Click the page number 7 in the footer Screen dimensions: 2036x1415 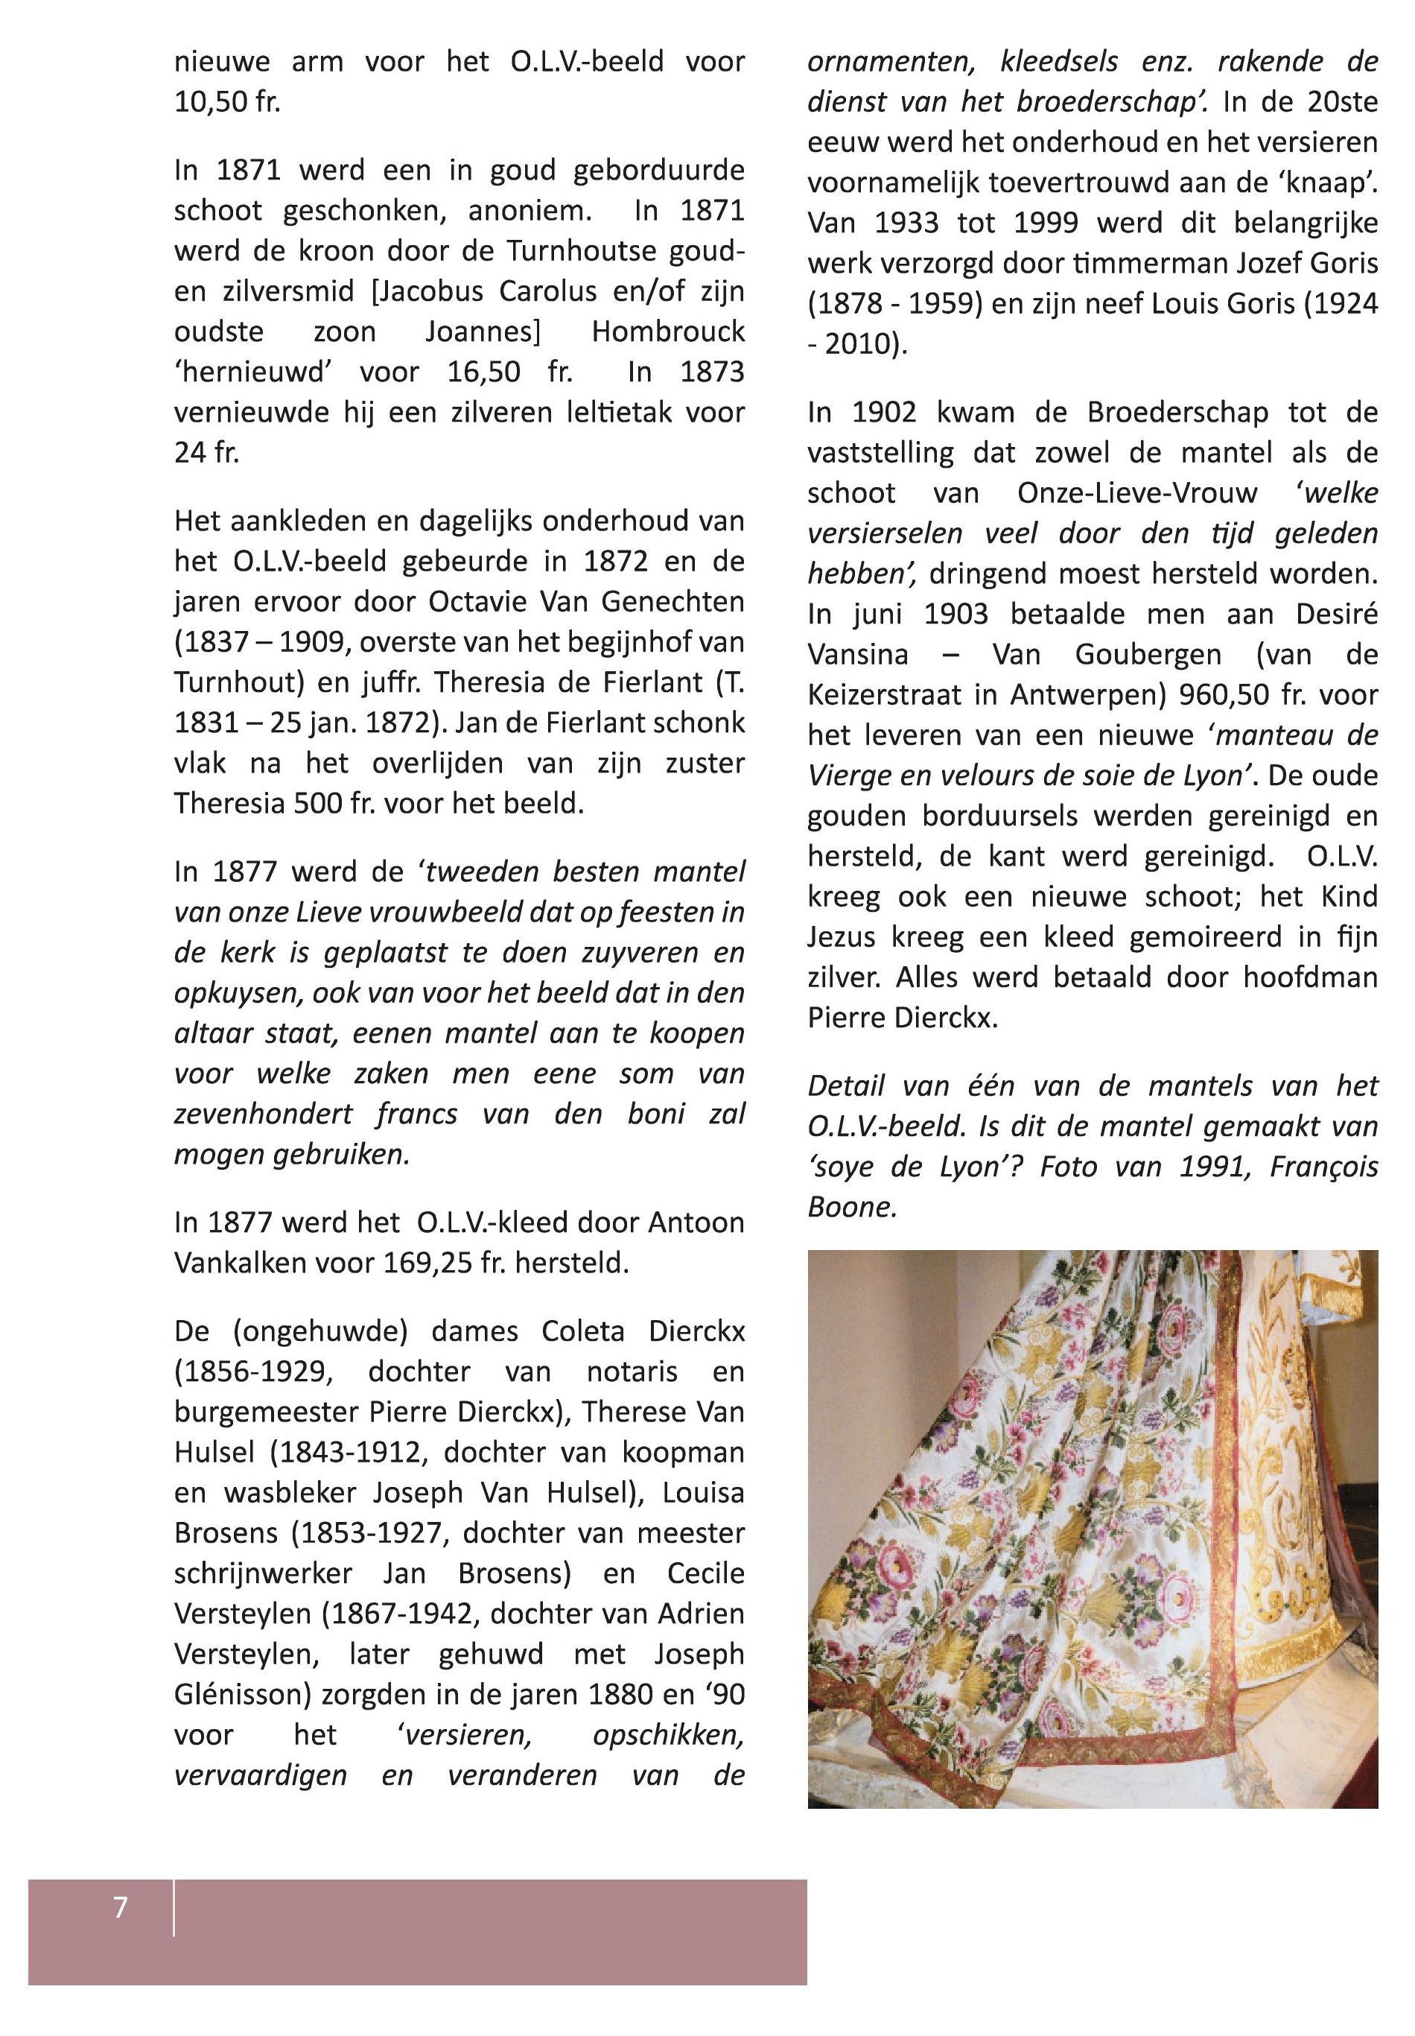[121, 1906]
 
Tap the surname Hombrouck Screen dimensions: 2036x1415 [667, 332]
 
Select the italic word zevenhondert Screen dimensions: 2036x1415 [264, 1114]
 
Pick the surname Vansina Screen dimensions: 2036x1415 [857, 654]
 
